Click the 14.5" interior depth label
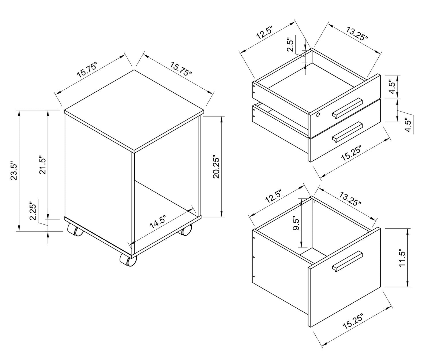(x=158, y=222)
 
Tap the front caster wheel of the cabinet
(x=128, y=260)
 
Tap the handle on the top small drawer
(x=347, y=108)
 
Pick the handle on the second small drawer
(x=347, y=132)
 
